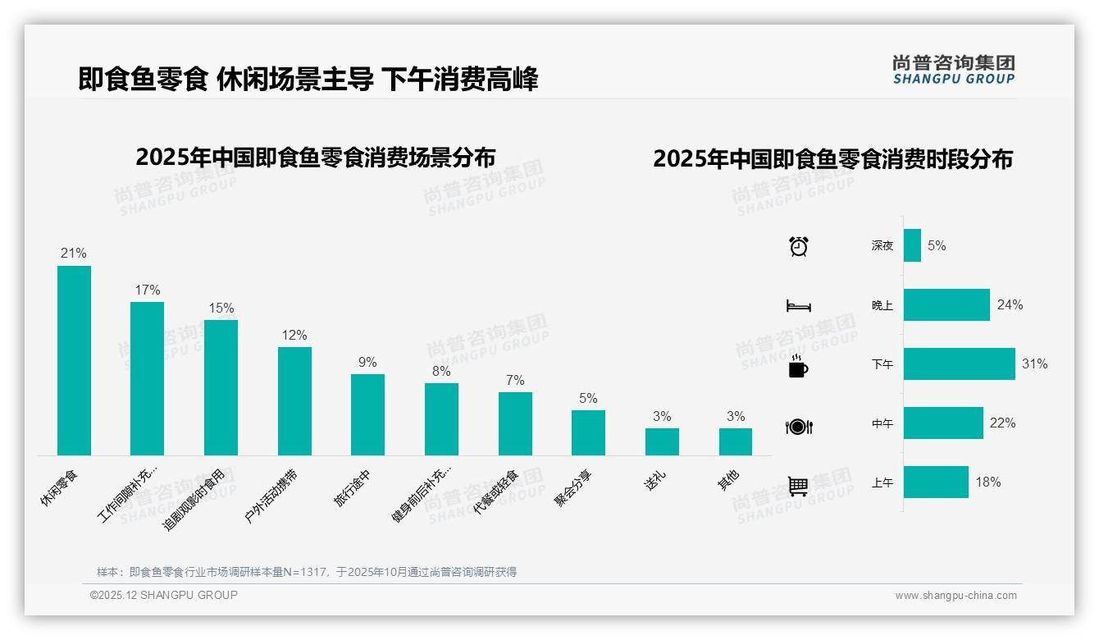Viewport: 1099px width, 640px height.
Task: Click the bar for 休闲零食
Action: point(74,360)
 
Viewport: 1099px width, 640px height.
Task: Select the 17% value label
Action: point(148,290)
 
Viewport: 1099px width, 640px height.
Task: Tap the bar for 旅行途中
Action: point(367,414)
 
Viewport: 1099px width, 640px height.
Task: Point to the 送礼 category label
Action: point(655,480)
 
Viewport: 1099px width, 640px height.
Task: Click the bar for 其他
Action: point(735,441)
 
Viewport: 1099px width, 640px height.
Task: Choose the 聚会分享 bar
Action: point(588,432)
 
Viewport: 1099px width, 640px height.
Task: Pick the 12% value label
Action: point(294,335)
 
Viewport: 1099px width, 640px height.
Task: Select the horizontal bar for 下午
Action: point(959,363)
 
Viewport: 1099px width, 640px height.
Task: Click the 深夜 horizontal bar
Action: point(912,245)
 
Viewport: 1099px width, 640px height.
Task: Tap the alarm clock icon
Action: point(798,245)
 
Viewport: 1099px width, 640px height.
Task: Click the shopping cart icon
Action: point(798,486)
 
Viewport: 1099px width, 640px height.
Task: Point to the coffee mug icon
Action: point(798,366)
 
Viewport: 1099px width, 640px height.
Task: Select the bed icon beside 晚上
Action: point(798,306)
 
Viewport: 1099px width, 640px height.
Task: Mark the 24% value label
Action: point(1010,304)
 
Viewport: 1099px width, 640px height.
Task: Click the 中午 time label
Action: point(882,423)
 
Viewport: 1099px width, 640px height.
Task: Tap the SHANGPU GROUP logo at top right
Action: point(953,70)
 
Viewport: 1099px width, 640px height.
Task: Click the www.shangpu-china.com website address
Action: point(955,596)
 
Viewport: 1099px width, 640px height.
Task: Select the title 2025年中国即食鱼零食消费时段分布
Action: point(832,158)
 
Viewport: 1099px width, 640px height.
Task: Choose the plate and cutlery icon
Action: point(798,427)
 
